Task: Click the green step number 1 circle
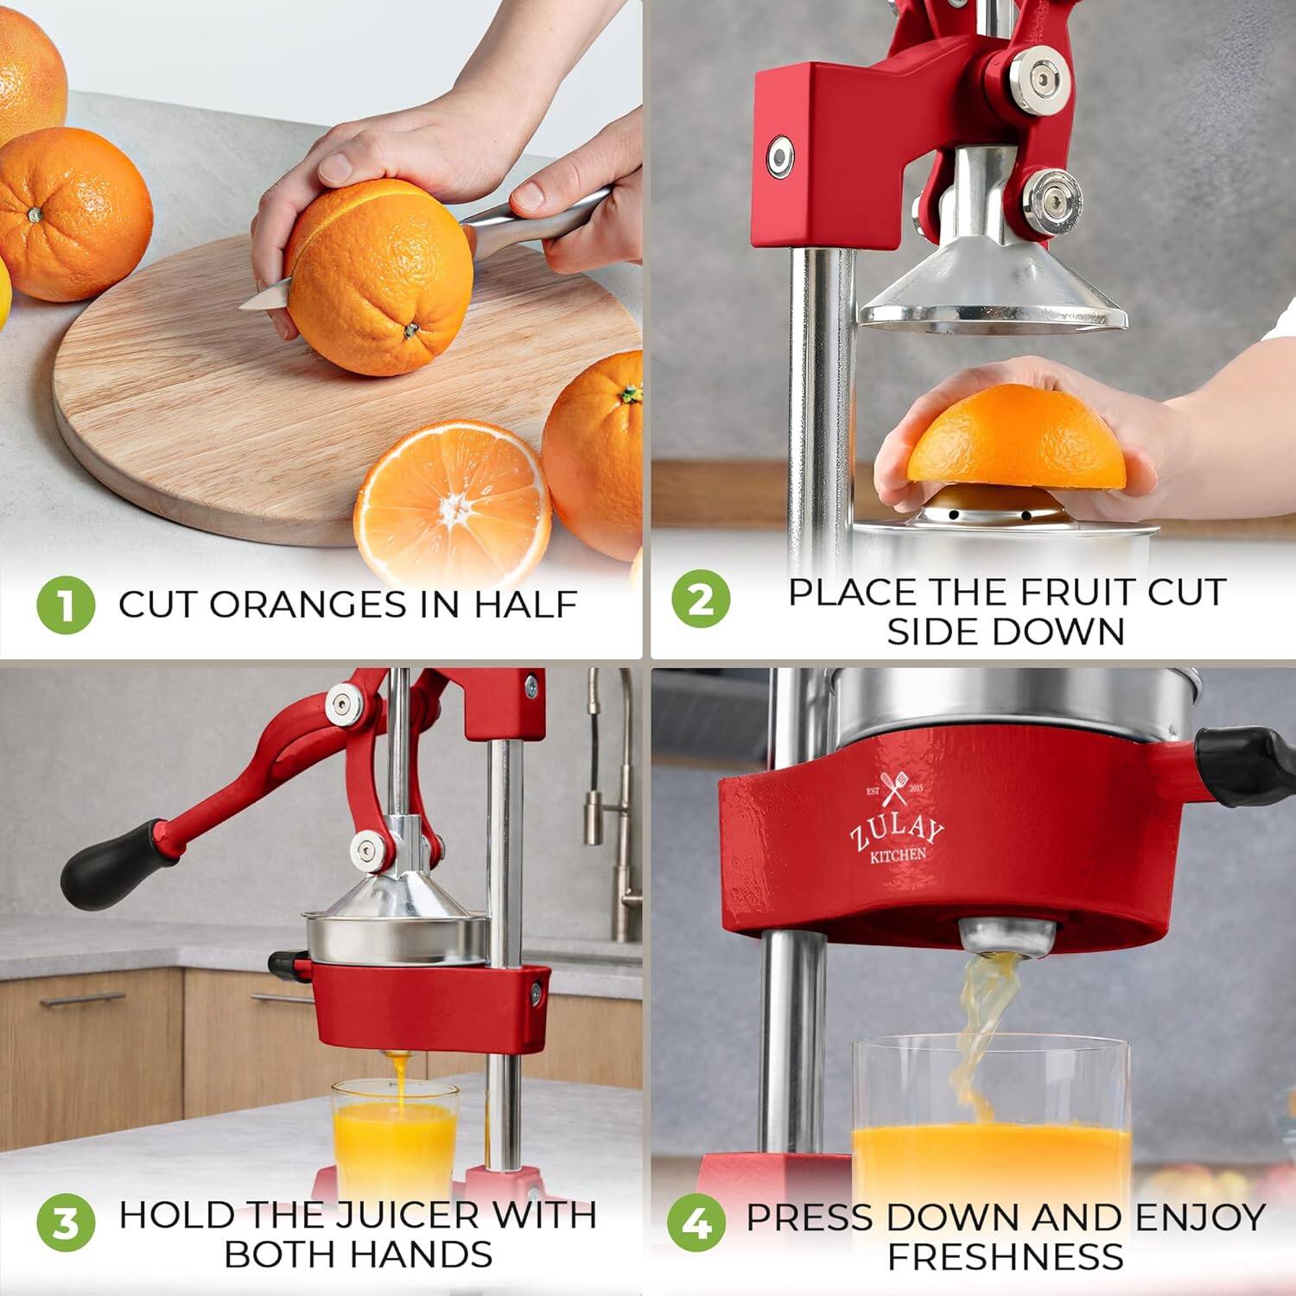(66, 605)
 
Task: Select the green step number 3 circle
(66, 1223)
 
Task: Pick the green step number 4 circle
(696, 1223)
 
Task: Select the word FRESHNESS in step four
(1006, 1257)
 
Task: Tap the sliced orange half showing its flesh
(452, 504)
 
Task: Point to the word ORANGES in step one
(308, 605)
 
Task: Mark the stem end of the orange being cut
(410, 329)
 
